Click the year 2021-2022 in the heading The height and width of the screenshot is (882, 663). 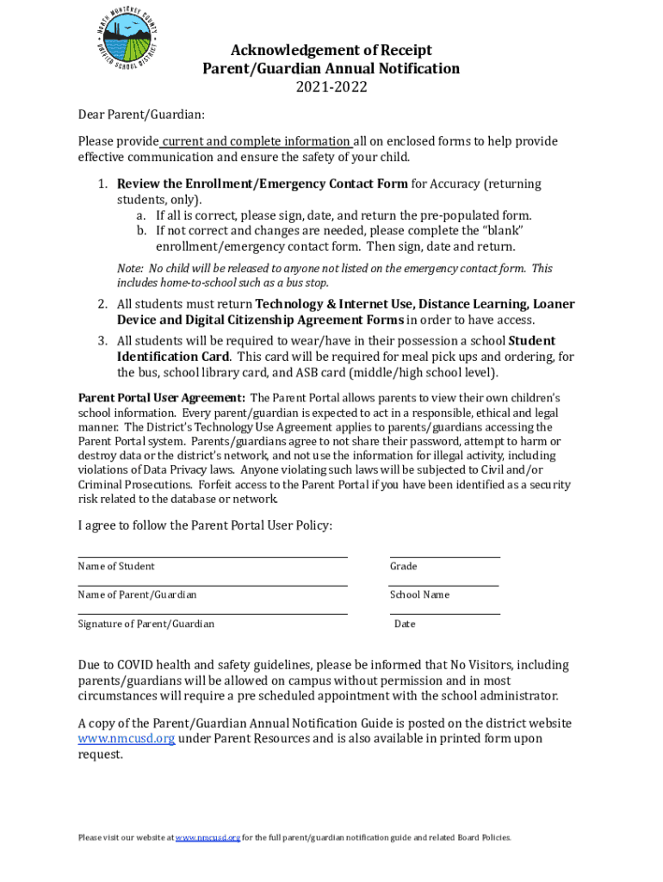pyautogui.click(x=331, y=87)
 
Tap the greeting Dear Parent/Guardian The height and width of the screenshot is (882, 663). pyautogui.click(x=141, y=115)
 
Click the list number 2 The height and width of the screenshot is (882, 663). pyautogui.click(x=102, y=304)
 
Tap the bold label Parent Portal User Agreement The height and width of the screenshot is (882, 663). pyautogui.click(x=162, y=398)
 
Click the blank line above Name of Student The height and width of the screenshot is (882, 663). pyautogui.click(x=213, y=556)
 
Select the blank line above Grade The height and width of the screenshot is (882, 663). pyautogui.click(x=444, y=556)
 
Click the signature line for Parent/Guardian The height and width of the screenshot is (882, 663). pyautogui.click(x=213, y=613)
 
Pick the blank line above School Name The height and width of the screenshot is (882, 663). pyautogui.click(x=444, y=585)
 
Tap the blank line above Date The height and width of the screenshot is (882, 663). pyautogui.click(x=444, y=613)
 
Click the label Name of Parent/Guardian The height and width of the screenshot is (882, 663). pyautogui.click(x=137, y=595)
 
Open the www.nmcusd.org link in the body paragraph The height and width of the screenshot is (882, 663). pyautogui.click(x=127, y=739)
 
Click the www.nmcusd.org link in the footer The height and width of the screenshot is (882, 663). pyautogui.click(x=208, y=837)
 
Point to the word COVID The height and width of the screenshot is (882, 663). pyautogui.click(x=139, y=665)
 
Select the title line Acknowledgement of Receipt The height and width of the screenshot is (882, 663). pyautogui.click(x=331, y=50)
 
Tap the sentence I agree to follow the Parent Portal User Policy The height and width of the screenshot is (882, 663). pyautogui.click(x=205, y=525)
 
